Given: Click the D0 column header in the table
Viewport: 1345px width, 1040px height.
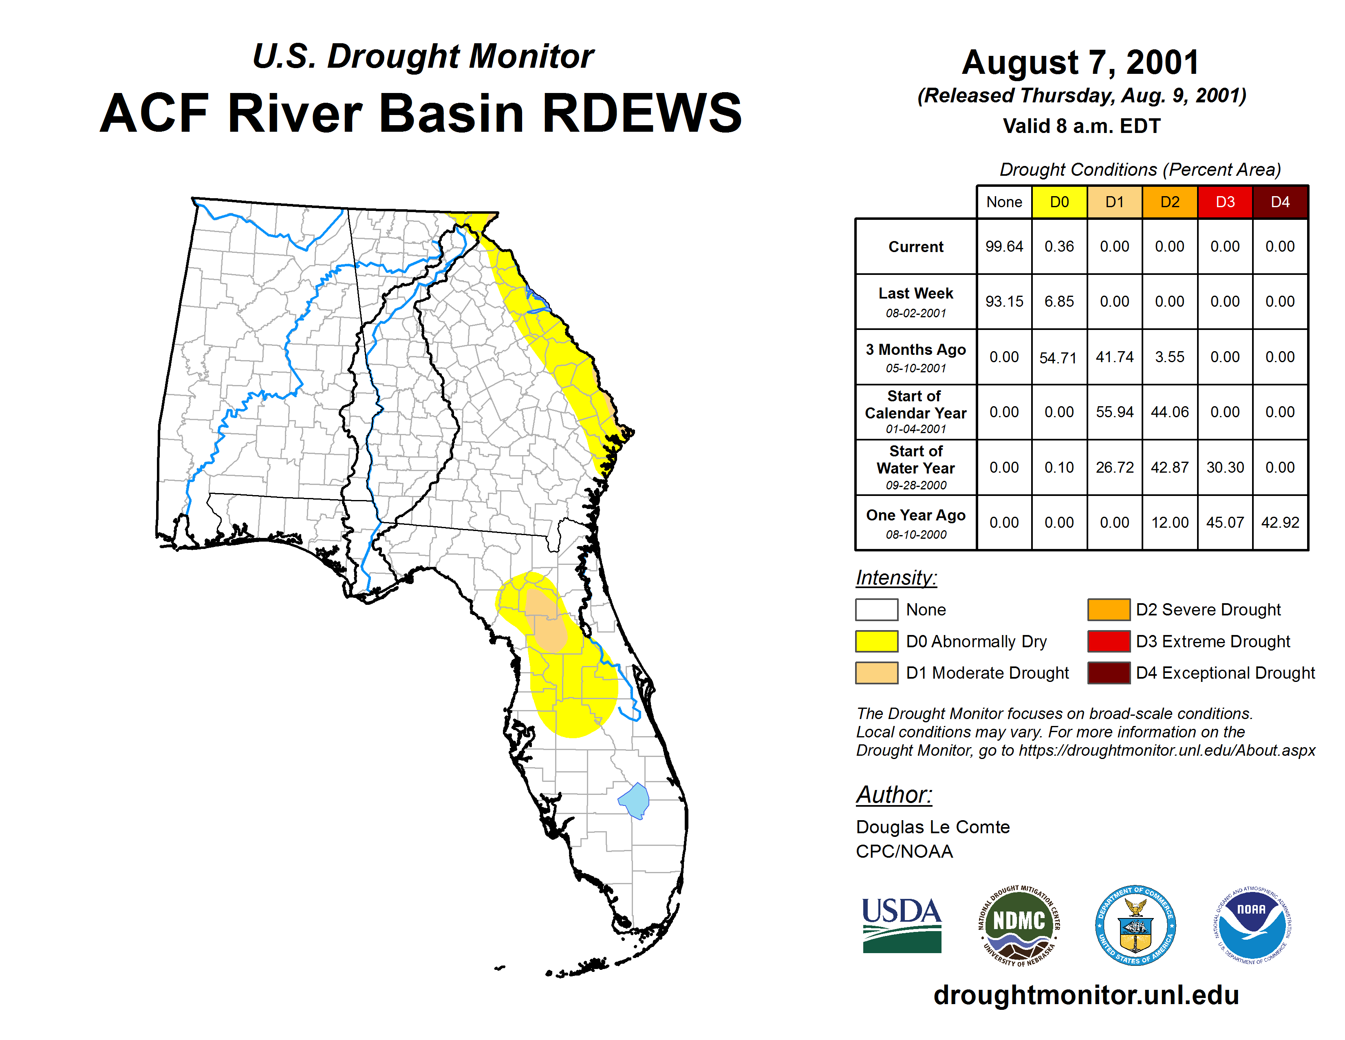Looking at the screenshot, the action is click(x=1059, y=202).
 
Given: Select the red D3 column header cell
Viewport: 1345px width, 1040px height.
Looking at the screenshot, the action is click(x=1225, y=202).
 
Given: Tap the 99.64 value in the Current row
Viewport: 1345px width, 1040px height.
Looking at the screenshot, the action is click(x=1004, y=246).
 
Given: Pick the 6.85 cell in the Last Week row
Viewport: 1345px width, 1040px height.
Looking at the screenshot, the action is click(x=1059, y=301).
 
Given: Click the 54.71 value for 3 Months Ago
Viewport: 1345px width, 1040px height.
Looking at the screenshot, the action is click(x=1058, y=357).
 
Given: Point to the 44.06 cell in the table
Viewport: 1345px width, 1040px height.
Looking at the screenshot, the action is click(x=1169, y=412).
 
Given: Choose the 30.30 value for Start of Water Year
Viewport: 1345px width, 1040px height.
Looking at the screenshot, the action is click(x=1225, y=467).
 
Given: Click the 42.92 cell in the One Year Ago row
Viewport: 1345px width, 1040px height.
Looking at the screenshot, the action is click(x=1280, y=522).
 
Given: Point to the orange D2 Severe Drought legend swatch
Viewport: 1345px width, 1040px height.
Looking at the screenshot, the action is click(x=1109, y=609).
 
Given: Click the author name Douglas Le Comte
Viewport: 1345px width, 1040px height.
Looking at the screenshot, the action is click(x=933, y=827).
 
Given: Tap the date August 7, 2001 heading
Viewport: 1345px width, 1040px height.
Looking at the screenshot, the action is click(x=1081, y=62).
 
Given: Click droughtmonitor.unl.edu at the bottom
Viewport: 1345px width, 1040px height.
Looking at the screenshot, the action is click(x=1086, y=995).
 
